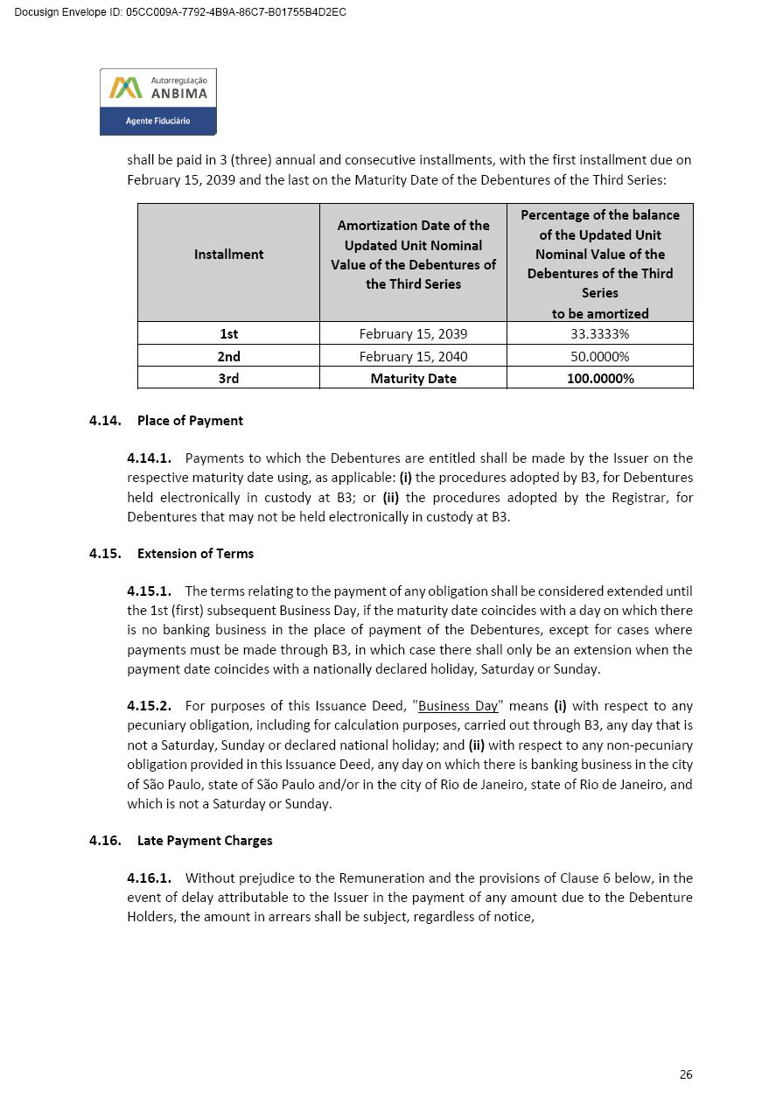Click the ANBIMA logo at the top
click(x=157, y=101)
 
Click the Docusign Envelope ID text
click(x=180, y=12)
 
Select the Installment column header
click(x=228, y=254)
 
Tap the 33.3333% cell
click(x=599, y=333)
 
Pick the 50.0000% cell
click(x=599, y=356)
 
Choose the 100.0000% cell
click(x=599, y=378)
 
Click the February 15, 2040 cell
click(x=413, y=356)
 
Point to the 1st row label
click(x=228, y=333)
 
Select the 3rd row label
click(x=228, y=378)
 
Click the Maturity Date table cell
click(x=413, y=378)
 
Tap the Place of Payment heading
click(x=190, y=420)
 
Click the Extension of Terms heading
click(x=195, y=553)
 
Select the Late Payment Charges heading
click(x=205, y=840)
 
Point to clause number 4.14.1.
click(x=149, y=458)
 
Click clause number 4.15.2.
click(x=149, y=705)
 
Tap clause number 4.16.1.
click(x=149, y=878)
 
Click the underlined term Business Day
click(x=458, y=706)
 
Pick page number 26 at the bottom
click(x=686, y=1074)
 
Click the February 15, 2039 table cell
click(x=413, y=333)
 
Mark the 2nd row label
click(x=228, y=356)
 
